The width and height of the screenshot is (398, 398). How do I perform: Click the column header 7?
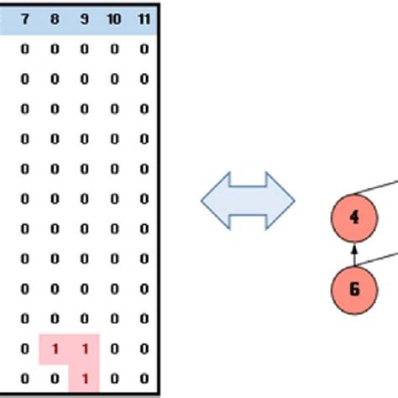(x=24, y=18)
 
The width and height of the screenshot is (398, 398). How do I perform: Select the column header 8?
(x=55, y=18)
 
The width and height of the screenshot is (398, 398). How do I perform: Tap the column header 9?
(x=84, y=18)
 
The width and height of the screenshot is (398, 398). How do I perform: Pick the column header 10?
(x=114, y=18)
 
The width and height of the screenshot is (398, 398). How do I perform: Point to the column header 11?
(x=144, y=18)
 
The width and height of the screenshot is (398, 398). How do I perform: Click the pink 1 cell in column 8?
(x=55, y=348)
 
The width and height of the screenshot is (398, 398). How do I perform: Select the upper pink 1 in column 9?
(x=84, y=348)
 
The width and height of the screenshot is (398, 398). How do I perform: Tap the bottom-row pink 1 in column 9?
(x=84, y=378)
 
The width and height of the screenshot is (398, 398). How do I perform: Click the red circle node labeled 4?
(x=354, y=217)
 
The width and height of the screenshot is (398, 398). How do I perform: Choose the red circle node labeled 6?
(x=354, y=290)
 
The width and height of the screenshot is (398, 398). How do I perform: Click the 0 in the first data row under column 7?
(x=24, y=49)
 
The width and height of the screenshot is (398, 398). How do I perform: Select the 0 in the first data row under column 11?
(x=144, y=49)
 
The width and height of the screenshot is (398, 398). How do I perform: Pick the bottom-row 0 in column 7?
(x=24, y=378)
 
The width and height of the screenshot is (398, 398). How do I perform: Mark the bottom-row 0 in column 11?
(x=144, y=378)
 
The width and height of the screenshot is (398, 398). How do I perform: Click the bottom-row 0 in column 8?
(x=55, y=378)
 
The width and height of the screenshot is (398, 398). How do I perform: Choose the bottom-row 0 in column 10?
(x=114, y=378)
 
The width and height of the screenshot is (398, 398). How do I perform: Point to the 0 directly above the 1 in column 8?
(x=55, y=318)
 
